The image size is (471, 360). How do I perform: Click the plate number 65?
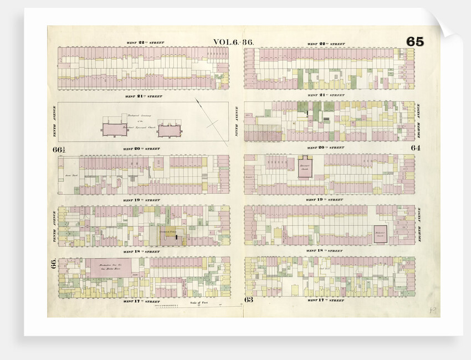click(x=414, y=42)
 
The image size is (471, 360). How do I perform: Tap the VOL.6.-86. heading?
click(x=233, y=42)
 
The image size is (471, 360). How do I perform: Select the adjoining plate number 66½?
click(x=59, y=149)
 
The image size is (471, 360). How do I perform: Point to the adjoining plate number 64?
click(x=416, y=148)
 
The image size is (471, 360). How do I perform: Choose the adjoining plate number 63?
click(x=248, y=300)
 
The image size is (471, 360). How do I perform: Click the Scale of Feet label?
click(x=198, y=302)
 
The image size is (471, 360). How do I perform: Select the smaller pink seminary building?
click(x=168, y=130)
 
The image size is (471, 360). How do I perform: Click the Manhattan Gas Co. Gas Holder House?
click(x=108, y=268)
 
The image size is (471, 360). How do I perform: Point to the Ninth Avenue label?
click(x=237, y=121)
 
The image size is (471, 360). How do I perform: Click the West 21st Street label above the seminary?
click(x=144, y=96)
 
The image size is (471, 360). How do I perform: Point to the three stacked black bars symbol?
click(x=326, y=119)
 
